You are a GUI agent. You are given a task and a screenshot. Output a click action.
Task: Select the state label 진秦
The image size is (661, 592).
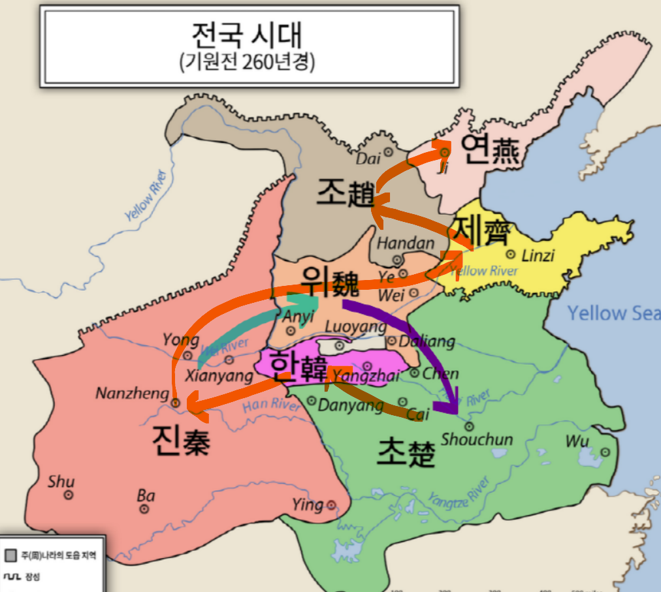[x=181, y=441]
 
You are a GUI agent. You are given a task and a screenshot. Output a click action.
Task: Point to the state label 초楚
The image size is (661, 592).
[x=406, y=451]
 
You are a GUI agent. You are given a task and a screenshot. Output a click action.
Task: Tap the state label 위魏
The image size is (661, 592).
[x=330, y=282]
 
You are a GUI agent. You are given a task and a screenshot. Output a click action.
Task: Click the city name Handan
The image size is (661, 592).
[x=406, y=243]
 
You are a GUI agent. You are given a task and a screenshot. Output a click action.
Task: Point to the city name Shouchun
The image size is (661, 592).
[x=477, y=439]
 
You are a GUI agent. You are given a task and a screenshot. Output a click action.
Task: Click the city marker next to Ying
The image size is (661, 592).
[x=332, y=505]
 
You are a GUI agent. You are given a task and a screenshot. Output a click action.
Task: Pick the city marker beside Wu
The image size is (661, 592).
[x=605, y=452]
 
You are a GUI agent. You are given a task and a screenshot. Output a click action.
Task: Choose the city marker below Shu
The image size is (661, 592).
[x=68, y=495]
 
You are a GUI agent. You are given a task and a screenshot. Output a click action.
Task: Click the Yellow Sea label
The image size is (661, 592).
[x=613, y=313]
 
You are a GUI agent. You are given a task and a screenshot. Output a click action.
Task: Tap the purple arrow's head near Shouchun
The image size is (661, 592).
[x=451, y=407]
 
